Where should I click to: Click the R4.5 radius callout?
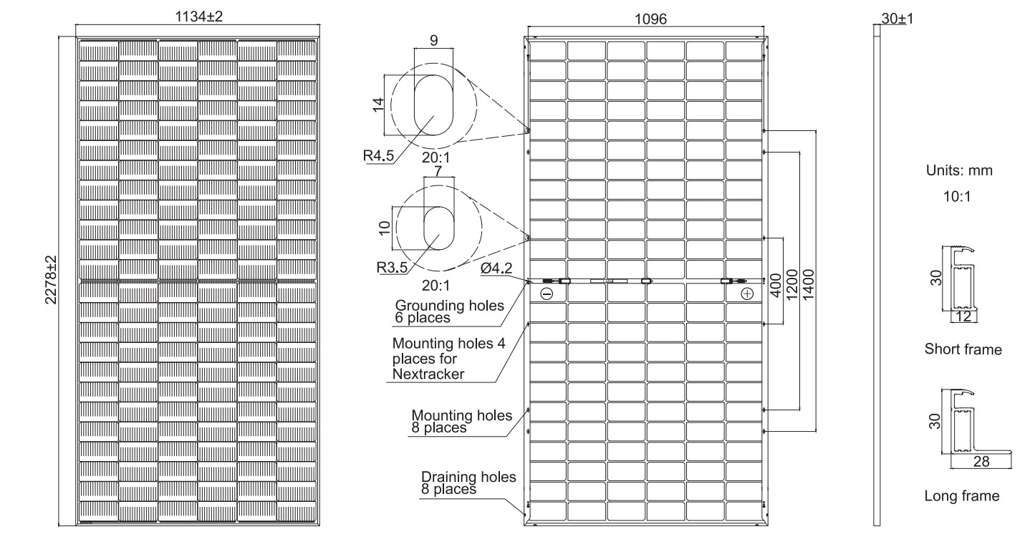coord(378,155)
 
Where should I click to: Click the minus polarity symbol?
coord(547,294)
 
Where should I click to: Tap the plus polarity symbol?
coord(747,294)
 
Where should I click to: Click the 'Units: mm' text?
coord(959,172)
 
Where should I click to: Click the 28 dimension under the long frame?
coord(981,462)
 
